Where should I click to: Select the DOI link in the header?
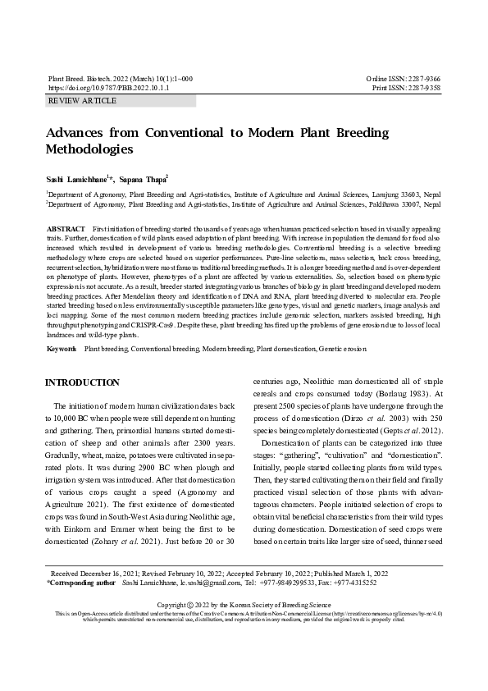(x=108, y=87)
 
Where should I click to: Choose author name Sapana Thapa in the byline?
(x=144, y=178)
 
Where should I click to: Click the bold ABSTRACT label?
(x=66, y=228)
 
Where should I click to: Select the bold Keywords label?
(x=62, y=349)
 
